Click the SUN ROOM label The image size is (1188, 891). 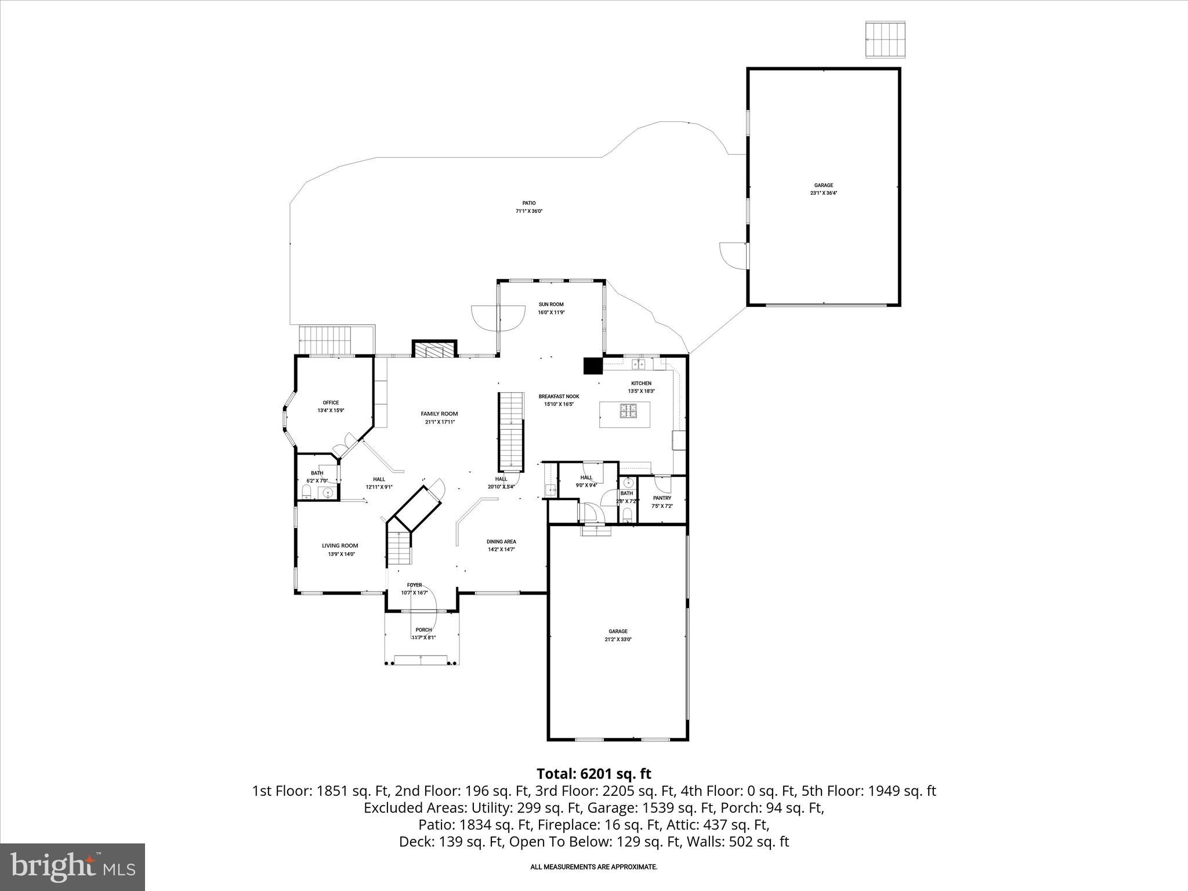click(550, 305)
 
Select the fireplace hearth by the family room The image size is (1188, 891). click(434, 350)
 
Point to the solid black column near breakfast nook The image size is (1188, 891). click(593, 366)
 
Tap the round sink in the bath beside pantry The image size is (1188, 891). click(628, 483)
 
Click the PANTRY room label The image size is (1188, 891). click(662, 498)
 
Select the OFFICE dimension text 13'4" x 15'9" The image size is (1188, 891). click(331, 411)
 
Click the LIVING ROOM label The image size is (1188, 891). click(340, 545)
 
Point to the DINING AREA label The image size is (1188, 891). click(501, 542)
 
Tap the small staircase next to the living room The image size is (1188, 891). click(399, 548)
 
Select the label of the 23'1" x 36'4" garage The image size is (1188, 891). click(824, 186)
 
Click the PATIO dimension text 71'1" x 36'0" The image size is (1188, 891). click(528, 211)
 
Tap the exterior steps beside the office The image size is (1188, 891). click(325, 341)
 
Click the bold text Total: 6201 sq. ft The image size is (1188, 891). click(593, 774)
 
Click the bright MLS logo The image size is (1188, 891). click(73, 867)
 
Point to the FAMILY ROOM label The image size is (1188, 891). click(439, 414)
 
